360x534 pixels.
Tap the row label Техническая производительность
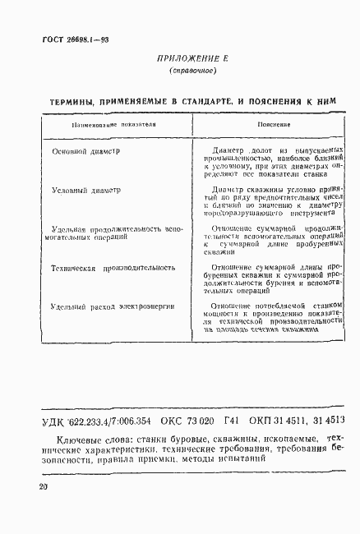pyautogui.click(x=112, y=268)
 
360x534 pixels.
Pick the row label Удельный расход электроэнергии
pyautogui.click(x=112, y=306)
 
